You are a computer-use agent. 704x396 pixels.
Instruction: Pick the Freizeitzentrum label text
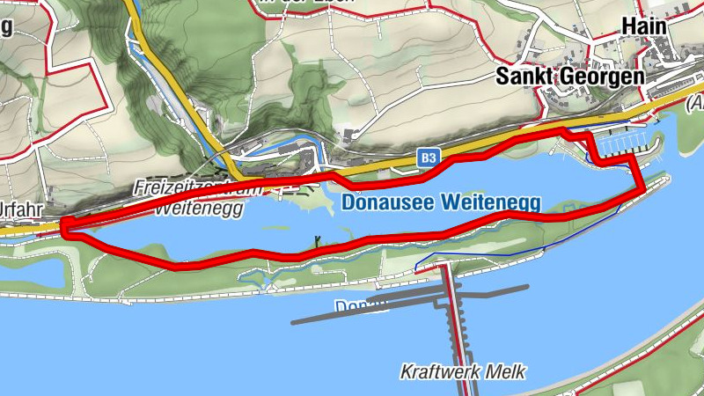click(198, 188)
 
